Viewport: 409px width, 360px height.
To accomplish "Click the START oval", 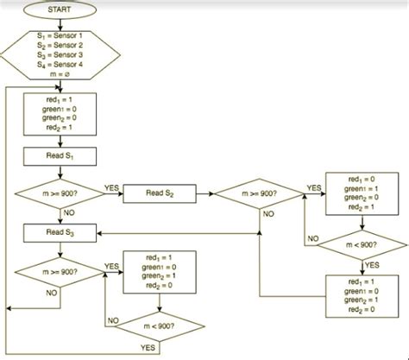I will pyautogui.click(x=60, y=9).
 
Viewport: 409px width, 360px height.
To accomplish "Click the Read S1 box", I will pyautogui.click(x=60, y=156).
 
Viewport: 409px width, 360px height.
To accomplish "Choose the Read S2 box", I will pyautogui.click(x=160, y=194).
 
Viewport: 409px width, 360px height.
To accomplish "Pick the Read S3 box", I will pyautogui.click(x=60, y=233).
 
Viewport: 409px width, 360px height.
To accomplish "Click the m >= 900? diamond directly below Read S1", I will pyautogui.click(x=60, y=194).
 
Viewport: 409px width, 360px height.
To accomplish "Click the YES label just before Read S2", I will pyautogui.click(x=111, y=187).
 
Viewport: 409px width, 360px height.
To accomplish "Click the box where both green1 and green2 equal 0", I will pyautogui.click(x=160, y=272).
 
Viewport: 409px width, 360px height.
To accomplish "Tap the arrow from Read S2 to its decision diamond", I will pyautogui.click(x=204, y=194).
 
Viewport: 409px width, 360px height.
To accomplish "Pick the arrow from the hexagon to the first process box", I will pyautogui.click(x=60, y=86).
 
